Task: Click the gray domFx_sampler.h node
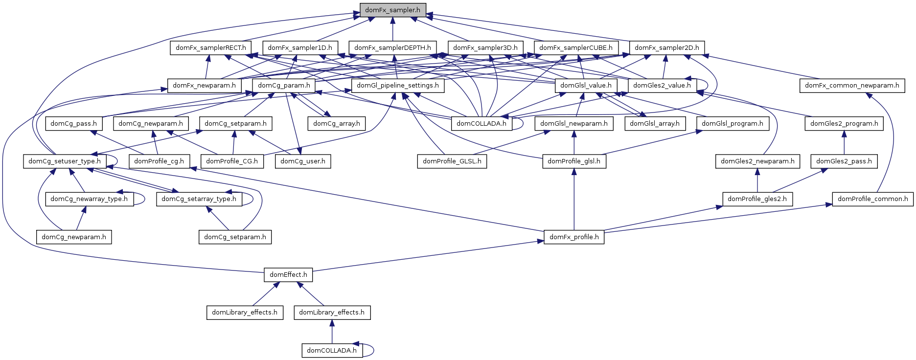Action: pyautogui.click(x=392, y=10)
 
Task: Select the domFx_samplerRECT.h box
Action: pyautogui.click(x=211, y=48)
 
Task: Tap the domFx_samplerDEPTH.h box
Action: pyautogui.click(x=392, y=48)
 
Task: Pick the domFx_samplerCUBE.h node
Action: pyautogui.click(x=575, y=48)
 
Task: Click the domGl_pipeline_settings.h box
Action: pyautogui.click(x=398, y=86)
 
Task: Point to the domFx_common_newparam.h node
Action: pyautogui.click(x=852, y=86)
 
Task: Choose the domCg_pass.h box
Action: pyautogui.click(x=73, y=124)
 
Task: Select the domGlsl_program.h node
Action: pyautogui.click(x=732, y=124)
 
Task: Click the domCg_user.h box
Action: pyautogui.click(x=303, y=161)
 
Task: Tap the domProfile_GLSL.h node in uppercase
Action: pyautogui.click(x=452, y=161)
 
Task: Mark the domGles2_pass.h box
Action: pyautogui.click(x=844, y=161)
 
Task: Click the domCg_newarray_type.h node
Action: pyautogui.click(x=89, y=199)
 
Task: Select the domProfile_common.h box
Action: pyautogui.click(x=872, y=199)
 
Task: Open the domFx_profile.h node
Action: pyautogui.click(x=574, y=237)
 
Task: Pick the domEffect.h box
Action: pyautogui.click(x=288, y=275)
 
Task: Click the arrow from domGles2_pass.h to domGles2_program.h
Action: pyautogui.click(x=844, y=142)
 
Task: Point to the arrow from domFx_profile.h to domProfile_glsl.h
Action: pyautogui.click(x=574, y=201)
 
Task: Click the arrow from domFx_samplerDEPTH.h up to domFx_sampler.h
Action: pyautogui.click(x=392, y=29)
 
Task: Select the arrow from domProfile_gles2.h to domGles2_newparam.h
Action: pyautogui.click(x=757, y=180)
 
